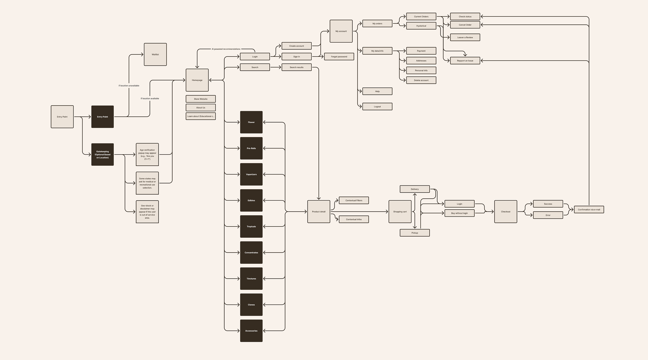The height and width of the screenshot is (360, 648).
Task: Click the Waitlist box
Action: (x=155, y=54)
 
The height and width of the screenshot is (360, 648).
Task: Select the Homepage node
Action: (x=197, y=80)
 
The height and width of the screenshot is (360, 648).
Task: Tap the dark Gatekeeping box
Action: (x=103, y=154)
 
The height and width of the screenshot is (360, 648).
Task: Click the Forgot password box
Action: (x=339, y=56)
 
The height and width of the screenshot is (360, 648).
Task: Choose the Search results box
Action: (x=296, y=67)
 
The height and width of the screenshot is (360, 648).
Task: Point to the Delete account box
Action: (x=421, y=80)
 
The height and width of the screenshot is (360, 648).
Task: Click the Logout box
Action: (x=377, y=106)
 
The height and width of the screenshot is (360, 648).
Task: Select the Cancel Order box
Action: (x=465, y=25)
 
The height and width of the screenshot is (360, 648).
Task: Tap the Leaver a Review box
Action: (x=465, y=37)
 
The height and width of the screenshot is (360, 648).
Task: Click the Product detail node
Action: (x=319, y=211)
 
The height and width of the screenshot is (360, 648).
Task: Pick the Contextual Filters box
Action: (x=354, y=200)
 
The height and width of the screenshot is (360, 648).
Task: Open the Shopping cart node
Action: (x=400, y=211)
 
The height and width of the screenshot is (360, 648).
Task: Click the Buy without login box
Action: (x=459, y=213)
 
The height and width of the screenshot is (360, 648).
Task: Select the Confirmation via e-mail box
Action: (x=589, y=209)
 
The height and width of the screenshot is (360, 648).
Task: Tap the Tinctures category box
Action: (x=251, y=279)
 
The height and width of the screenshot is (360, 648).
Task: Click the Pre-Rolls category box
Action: (x=251, y=148)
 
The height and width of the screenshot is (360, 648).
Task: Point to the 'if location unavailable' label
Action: (x=129, y=85)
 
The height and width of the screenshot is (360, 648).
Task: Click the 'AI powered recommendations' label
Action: (x=226, y=49)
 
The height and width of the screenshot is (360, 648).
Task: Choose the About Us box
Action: (x=201, y=107)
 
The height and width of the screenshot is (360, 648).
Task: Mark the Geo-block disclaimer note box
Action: (x=147, y=212)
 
